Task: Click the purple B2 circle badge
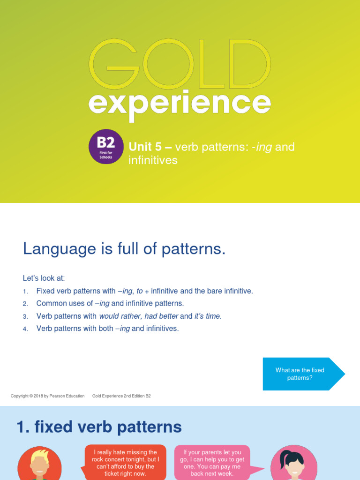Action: pos(106,146)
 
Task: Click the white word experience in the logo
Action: pos(180,105)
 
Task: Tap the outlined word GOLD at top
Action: pos(180,64)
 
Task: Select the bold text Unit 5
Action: pos(145,147)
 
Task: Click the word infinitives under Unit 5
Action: pos(153,160)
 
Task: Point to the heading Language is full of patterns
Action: pos(124,248)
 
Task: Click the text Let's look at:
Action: pos(44,278)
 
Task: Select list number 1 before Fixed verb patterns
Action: pos(25,292)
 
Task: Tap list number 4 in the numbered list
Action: pos(25,329)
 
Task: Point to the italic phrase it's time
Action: pos(208,316)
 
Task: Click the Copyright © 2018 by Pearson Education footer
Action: pos(47,396)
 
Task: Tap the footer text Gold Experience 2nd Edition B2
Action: pos(121,396)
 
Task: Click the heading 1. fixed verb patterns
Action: pos(99,427)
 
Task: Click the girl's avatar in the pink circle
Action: pos(294,463)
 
